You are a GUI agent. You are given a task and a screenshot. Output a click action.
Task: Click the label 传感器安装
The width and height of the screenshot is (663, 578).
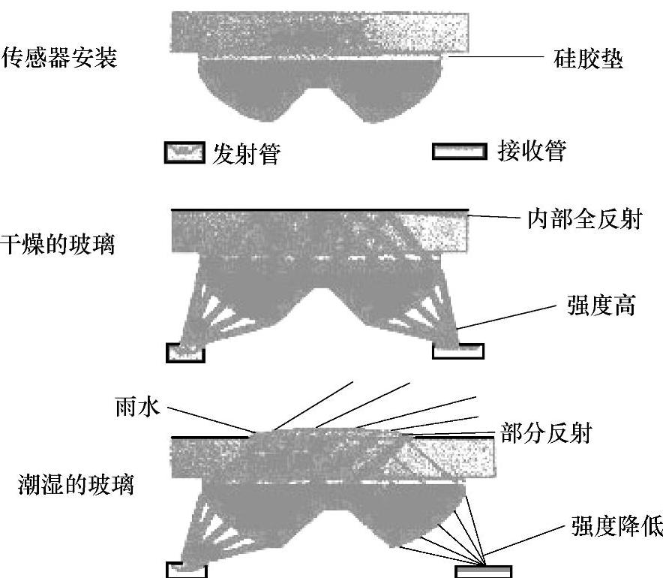[x=60, y=59]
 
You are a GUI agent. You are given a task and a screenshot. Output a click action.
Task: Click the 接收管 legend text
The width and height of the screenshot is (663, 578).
[x=531, y=152]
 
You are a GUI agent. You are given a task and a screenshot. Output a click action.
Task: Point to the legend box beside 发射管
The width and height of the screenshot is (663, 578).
[x=184, y=153]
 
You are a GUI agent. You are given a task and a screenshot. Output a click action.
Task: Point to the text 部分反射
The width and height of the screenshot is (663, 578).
[x=546, y=434]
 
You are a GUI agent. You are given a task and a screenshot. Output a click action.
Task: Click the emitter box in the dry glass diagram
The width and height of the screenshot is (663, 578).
[x=185, y=353]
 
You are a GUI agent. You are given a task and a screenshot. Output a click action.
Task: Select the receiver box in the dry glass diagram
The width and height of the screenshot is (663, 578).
[x=458, y=351]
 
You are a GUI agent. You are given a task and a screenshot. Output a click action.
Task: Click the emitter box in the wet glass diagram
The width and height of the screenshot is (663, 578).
[x=186, y=570]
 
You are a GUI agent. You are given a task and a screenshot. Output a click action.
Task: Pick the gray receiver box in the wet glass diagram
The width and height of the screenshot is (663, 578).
[x=484, y=571]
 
